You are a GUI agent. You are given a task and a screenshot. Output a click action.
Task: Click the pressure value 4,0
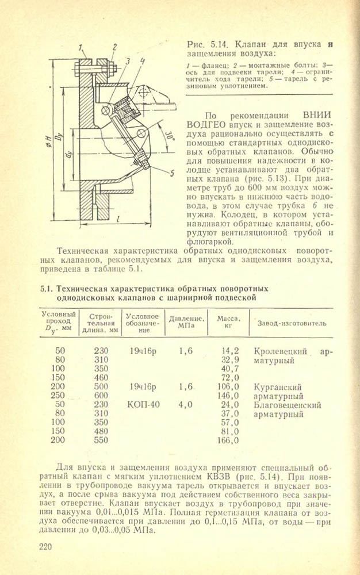[x=185, y=405]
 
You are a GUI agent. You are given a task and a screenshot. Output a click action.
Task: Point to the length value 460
[x=101, y=378]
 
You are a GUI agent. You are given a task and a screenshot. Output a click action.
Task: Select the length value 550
[x=101, y=441]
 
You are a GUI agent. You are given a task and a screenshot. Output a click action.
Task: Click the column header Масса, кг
[x=229, y=321]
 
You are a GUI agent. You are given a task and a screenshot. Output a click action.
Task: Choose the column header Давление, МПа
[x=186, y=321]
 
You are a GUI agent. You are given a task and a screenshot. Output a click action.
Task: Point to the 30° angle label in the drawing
[x=167, y=135]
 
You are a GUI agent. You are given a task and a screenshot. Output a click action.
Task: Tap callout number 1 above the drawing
[x=81, y=47]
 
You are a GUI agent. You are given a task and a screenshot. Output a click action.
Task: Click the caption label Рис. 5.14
[x=209, y=45]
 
